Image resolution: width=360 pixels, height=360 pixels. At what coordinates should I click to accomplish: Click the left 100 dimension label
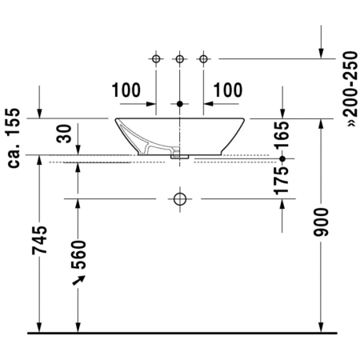click(x=126, y=90)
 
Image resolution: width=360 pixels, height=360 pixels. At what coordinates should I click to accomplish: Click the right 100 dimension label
click(x=228, y=90)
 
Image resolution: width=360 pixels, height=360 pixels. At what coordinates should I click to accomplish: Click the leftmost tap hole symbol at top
click(x=156, y=58)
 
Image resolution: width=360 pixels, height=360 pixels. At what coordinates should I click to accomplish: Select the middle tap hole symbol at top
click(x=180, y=58)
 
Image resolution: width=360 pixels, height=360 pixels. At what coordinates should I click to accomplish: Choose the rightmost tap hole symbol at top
click(x=204, y=58)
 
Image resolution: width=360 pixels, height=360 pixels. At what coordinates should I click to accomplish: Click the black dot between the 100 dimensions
click(x=180, y=104)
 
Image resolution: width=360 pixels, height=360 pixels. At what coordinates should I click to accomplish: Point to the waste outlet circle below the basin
click(x=180, y=198)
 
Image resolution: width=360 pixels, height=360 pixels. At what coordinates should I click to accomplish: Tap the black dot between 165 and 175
click(x=282, y=159)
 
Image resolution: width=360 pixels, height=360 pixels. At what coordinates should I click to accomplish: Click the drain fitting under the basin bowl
click(x=180, y=158)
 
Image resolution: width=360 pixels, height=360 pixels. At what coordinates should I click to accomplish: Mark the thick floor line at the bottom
click(x=180, y=331)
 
